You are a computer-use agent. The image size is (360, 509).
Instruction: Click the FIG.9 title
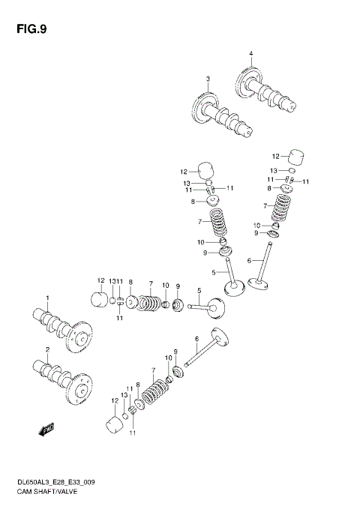click(31, 30)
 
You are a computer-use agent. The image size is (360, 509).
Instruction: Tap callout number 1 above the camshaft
click(47, 298)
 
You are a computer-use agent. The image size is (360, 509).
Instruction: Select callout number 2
click(47, 350)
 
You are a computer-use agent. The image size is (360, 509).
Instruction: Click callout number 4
click(251, 53)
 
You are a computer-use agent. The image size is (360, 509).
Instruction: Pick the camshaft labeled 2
click(61, 377)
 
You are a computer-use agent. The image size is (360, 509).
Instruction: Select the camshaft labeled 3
click(223, 118)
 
